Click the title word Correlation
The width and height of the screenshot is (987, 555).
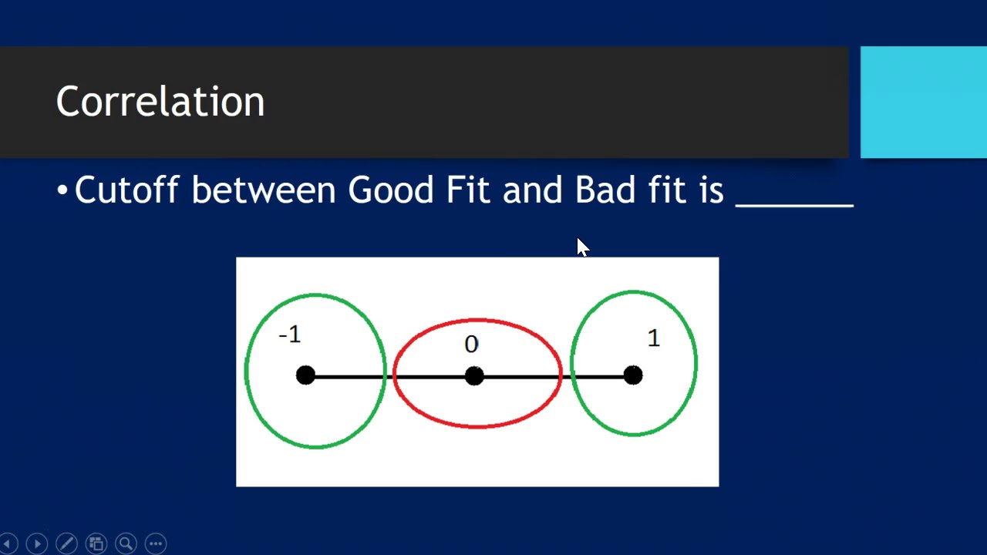[x=160, y=102]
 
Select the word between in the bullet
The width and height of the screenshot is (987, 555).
[x=263, y=190]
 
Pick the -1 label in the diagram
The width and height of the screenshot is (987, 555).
[x=290, y=335]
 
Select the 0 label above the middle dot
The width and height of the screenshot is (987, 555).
[x=471, y=345]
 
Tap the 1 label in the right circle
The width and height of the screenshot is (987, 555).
[x=654, y=338]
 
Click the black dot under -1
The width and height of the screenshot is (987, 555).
[x=305, y=375]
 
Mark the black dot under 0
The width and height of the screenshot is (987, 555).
[x=474, y=375]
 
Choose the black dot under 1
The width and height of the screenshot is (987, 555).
[x=633, y=375]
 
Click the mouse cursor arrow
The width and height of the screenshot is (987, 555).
[x=581, y=247]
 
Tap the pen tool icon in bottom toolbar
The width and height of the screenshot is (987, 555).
[x=66, y=543]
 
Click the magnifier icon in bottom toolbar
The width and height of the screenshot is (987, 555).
[x=126, y=543]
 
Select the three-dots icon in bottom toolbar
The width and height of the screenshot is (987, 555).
[x=155, y=543]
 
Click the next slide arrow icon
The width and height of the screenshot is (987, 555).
[x=36, y=543]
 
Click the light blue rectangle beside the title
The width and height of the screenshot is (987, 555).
[x=923, y=102]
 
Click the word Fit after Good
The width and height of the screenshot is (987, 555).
[x=468, y=190]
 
